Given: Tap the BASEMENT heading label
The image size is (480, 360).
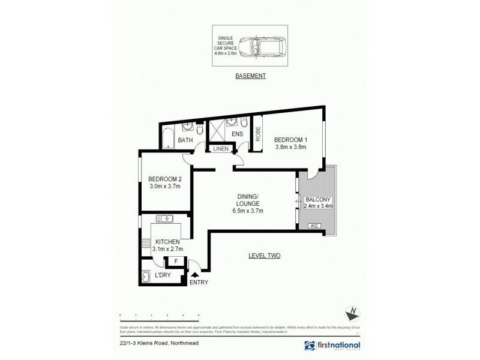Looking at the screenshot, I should [250, 77].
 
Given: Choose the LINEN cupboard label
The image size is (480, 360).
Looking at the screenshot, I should [220, 148].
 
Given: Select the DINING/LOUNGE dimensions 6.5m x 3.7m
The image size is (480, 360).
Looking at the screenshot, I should [244, 211].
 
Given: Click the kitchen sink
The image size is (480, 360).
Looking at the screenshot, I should [164, 218].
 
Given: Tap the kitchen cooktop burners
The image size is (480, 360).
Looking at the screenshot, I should [145, 243].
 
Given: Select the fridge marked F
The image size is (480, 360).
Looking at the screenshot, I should [176, 261].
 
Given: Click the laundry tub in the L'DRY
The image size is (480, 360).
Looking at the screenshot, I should [148, 277].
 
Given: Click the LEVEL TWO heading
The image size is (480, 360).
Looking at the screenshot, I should [265, 256].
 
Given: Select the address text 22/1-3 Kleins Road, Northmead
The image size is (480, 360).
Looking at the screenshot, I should [151, 345].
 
